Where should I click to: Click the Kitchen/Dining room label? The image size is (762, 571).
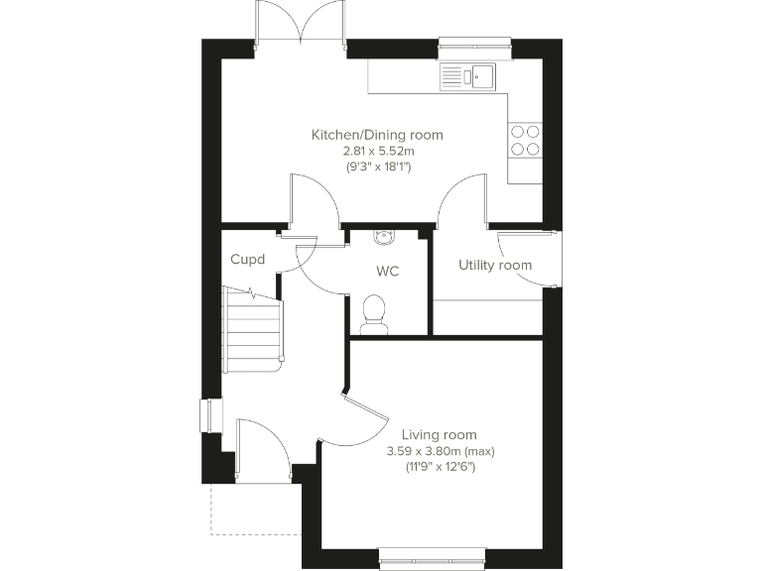pos(377,135)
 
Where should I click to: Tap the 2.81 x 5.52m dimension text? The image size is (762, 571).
pos(377,151)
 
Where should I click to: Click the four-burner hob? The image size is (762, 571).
pos(525,140)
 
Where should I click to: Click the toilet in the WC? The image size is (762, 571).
pos(375,311)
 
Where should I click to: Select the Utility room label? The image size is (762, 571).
pos(494,266)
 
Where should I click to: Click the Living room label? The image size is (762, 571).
pos(439,434)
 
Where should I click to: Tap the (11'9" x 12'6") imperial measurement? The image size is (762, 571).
pos(439,467)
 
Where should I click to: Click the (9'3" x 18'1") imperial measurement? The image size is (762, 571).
pos(377,167)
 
